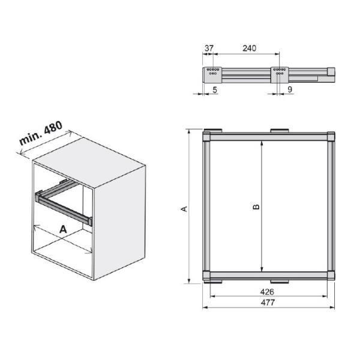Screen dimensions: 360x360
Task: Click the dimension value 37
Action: [x=209, y=48]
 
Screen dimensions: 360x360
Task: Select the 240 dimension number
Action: [x=250, y=48]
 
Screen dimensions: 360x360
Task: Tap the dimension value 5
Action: [x=215, y=90]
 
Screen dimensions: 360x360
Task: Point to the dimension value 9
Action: [x=290, y=89]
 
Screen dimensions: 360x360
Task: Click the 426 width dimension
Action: [x=267, y=292]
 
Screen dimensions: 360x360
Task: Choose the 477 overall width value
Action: [x=268, y=302]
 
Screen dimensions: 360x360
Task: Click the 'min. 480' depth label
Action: [x=41, y=133]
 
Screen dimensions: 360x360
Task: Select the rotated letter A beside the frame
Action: [x=184, y=209]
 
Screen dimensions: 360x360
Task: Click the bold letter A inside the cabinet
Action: [x=63, y=229]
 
